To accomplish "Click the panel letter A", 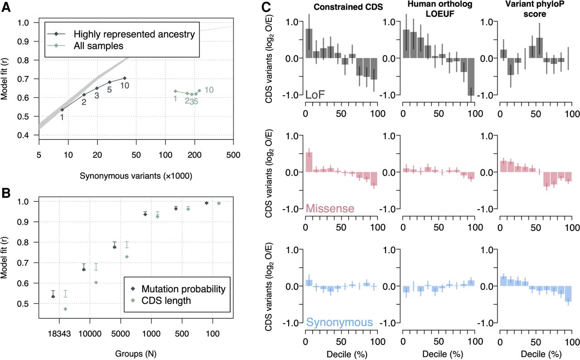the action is [x=6, y=7].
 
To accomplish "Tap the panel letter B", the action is [x=6, y=193].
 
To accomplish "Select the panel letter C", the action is [x=266, y=7].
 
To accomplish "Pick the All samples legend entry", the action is [x=98, y=46].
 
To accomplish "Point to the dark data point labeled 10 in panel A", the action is [x=125, y=78].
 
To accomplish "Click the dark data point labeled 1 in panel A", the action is [x=62, y=110].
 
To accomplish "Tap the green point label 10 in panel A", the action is [x=209, y=90].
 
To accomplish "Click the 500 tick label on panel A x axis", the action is [x=233, y=155].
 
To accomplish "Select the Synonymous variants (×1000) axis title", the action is [x=136, y=176].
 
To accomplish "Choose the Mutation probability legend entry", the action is [x=184, y=289].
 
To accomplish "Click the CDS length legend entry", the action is [x=166, y=301].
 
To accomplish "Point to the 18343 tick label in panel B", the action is [x=59, y=334].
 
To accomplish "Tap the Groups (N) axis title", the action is [x=135, y=354].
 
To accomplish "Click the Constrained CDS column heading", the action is [x=348, y=7].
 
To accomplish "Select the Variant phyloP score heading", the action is [x=535, y=9].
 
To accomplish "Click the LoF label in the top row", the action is [x=315, y=95].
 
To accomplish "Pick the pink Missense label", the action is [x=330, y=208].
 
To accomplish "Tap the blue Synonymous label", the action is [x=339, y=322].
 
